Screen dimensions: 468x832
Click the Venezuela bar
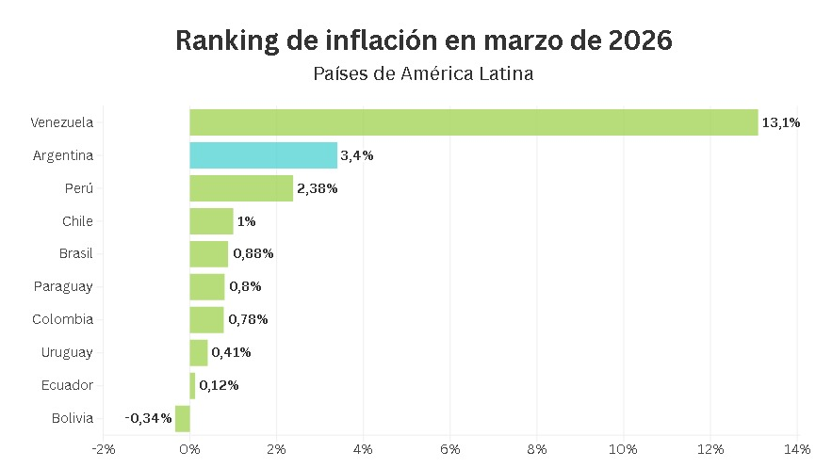click(473, 122)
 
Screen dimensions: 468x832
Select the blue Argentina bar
click(263, 155)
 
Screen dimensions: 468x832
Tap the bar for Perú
click(241, 188)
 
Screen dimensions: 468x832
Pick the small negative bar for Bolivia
click(183, 418)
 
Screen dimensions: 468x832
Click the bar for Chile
click(211, 221)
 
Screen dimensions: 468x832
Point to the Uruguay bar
click(199, 352)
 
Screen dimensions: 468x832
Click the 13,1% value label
click(781, 122)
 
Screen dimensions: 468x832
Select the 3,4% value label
click(357, 155)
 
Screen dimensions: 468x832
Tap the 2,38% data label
click(318, 188)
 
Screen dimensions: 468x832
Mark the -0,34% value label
click(148, 418)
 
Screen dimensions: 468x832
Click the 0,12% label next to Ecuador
click(219, 385)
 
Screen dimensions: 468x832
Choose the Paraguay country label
click(63, 286)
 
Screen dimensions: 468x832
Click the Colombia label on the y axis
click(63, 319)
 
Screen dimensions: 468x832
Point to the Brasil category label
click(75, 254)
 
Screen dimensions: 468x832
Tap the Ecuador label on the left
click(67, 385)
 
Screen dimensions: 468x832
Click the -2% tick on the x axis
click(103, 448)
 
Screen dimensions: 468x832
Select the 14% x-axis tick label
click(797, 448)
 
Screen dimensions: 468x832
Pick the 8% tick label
click(537, 448)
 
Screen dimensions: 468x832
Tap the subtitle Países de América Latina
click(423, 73)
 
